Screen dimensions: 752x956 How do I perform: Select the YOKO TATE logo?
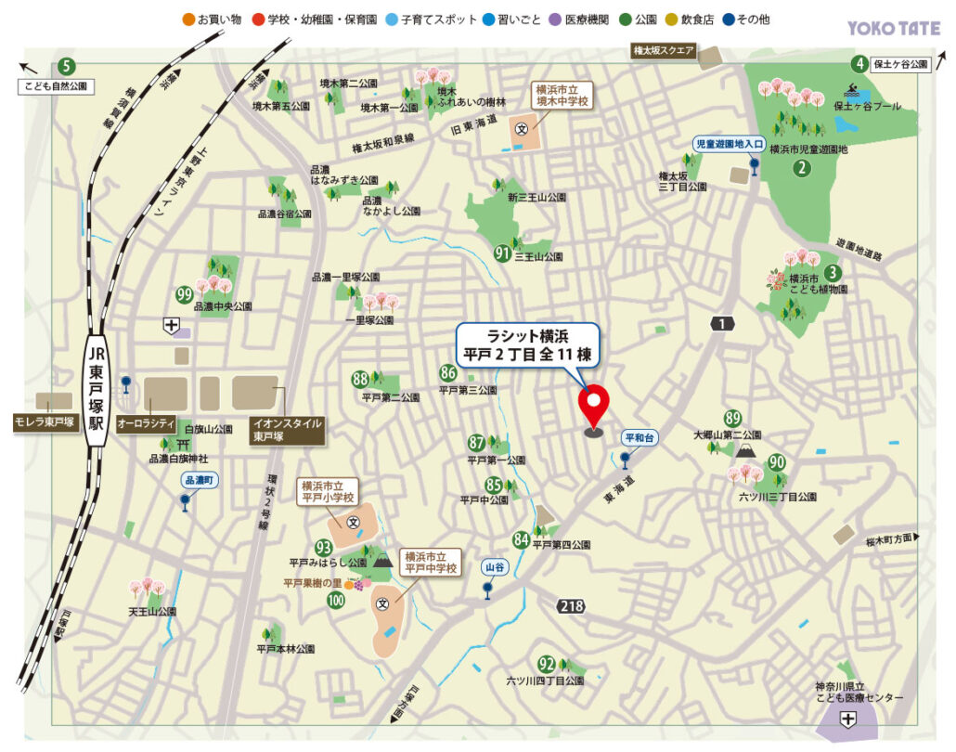click(x=894, y=29)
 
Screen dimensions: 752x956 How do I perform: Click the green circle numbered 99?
click(x=184, y=295)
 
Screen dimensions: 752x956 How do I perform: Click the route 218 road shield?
click(x=572, y=605)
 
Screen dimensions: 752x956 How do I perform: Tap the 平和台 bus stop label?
click(x=639, y=437)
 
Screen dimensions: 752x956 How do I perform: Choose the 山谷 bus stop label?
click(x=494, y=565)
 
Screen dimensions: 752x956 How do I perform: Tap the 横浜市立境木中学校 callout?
click(x=562, y=96)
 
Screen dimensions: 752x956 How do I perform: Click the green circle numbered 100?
click(x=335, y=600)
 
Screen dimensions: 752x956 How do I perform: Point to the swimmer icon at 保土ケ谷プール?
click(x=853, y=90)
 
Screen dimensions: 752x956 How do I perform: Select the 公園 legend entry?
click(x=640, y=19)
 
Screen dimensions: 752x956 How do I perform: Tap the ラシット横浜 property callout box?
click(x=528, y=344)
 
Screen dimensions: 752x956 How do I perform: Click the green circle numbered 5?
click(x=66, y=66)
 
